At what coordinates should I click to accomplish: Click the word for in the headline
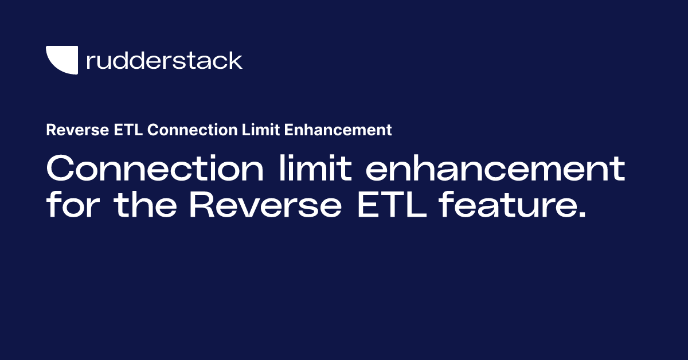(x=74, y=205)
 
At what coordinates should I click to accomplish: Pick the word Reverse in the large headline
(x=264, y=205)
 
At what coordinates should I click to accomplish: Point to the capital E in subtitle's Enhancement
(x=289, y=130)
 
